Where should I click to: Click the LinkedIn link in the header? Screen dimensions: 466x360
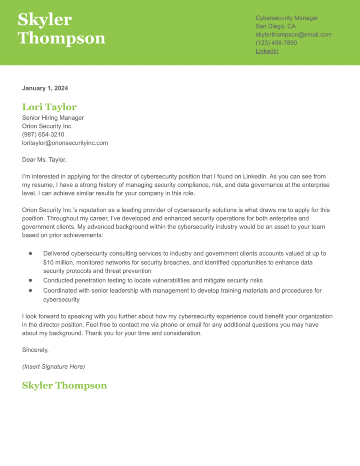pyautogui.click(x=267, y=51)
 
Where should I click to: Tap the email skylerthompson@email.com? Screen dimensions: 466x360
pyautogui.click(x=293, y=35)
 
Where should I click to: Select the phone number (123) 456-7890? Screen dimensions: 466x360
pyautogui.click(x=276, y=43)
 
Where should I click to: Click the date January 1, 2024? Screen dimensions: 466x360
pyautogui.click(x=45, y=88)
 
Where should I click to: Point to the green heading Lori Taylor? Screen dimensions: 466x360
pyautogui.click(x=49, y=107)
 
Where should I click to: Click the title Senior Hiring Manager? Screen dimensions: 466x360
pyautogui.click(x=53, y=118)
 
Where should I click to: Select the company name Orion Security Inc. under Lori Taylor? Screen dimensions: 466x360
pyautogui.click(x=47, y=126)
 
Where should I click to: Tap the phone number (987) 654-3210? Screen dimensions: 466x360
pyautogui.click(x=43, y=135)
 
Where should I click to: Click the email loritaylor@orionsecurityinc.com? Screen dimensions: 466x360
pyautogui.click(x=65, y=143)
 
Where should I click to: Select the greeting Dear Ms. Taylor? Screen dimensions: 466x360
pyautogui.click(x=45, y=160)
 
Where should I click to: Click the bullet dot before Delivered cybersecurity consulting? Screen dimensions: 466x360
pyautogui.click(x=29, y=253)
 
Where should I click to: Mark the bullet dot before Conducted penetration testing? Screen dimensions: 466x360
pyautogui.click(x=29, y=280)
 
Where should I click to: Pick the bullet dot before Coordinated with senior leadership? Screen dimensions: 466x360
pyautogui.click(x=29, y=291)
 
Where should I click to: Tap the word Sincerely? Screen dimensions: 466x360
pyautogui.click(x=36, y=350)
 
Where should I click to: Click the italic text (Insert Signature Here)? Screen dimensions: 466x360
pyautogui.click(x=53, y=366)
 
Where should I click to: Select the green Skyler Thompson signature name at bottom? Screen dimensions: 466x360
pyautogui.click(x=64, y=386)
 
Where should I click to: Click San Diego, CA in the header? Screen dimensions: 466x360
pyautogui.click(x=276, y=26)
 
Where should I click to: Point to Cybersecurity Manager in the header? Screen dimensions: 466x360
pyautogui.click(x=287, y=18)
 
